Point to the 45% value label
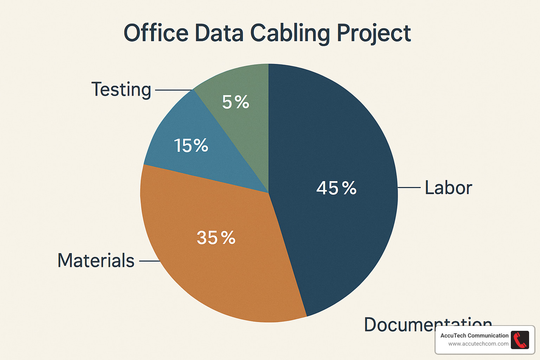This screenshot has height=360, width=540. click(336, 188)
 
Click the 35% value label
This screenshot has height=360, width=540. click(216, 238)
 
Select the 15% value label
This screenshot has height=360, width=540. click(191, 145)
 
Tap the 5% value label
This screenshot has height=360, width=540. click(235, 102)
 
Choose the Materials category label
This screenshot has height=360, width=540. click(96, 261)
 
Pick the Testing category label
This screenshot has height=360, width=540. click(121, 89)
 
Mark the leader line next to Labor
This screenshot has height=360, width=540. click(409, 187)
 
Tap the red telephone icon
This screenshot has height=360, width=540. click(520, 340)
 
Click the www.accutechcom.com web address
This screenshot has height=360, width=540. click(478, 344)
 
